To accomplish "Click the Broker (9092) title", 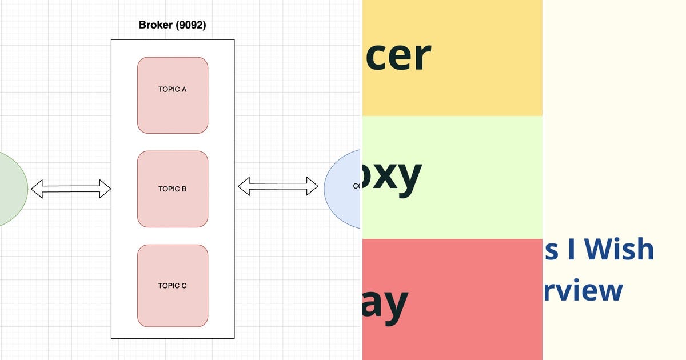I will pyautogui.click(x=173, y=25).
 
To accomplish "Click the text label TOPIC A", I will pyautogui.click(x=173, y=89).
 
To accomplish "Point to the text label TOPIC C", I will pyautogui.click(x=173, y=286).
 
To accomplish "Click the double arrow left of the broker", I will pyautogui.click(x=71, y=189).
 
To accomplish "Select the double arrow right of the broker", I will pyautogui.click(x=278, y=186).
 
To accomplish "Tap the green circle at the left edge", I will pyautogui.click(x=10, y=189).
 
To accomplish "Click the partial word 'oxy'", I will pyautogui.click(x=392, y=175).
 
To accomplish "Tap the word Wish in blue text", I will pyautogui.click(x=619, y=250).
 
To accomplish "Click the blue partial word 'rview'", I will pyautogui.click(x=583, y=290).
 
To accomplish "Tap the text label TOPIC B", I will pyautogui.click(x=173, y=189).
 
